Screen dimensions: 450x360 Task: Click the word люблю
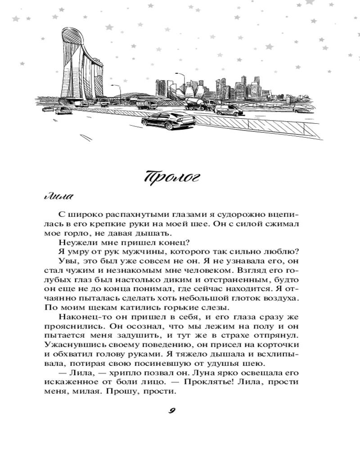click(282, 252)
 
